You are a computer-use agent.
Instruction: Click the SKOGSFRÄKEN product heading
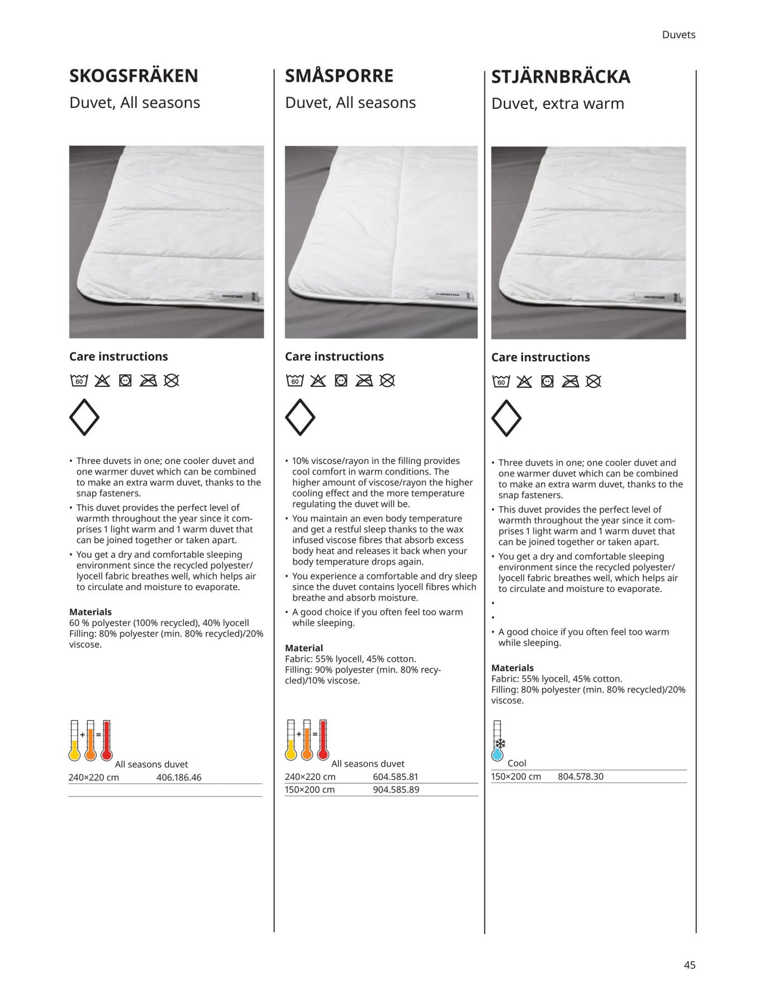click(x=134, y=76)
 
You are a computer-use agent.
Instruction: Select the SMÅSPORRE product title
click(x=339, y=76)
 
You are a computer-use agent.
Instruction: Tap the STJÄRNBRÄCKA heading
click(x=560, y=77)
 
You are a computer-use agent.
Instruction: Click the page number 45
click(x=690, y=965)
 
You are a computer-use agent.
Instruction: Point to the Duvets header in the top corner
click(x=678, y=35)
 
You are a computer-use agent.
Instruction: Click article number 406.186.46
click(x=179, y=777)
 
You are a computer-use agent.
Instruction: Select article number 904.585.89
click(x=396, y=789)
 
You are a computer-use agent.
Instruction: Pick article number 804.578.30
click(x=580, y=776)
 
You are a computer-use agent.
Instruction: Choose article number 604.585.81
click(x=396, y=777)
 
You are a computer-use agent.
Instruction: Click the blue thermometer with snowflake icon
click(x=497, y=741)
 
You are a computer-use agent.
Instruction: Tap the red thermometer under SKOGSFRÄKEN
click(x=106, y=741)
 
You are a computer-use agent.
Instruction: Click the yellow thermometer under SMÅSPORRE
click(x=291, y=740)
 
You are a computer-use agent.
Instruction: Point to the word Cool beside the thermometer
click(x=517, y=763)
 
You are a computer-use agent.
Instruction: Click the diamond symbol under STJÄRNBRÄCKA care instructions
click(x=506, y=418)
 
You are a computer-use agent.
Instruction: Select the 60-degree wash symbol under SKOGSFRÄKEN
click(x=79, y=381)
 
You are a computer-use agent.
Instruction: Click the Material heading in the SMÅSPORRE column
click(x=304, y=648)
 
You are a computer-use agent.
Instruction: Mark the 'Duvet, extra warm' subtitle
click(x=557, y=104)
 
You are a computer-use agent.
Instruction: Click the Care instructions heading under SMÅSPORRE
click(x=334, y=357)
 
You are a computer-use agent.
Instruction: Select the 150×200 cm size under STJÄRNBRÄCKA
click(x=516, y=776)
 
